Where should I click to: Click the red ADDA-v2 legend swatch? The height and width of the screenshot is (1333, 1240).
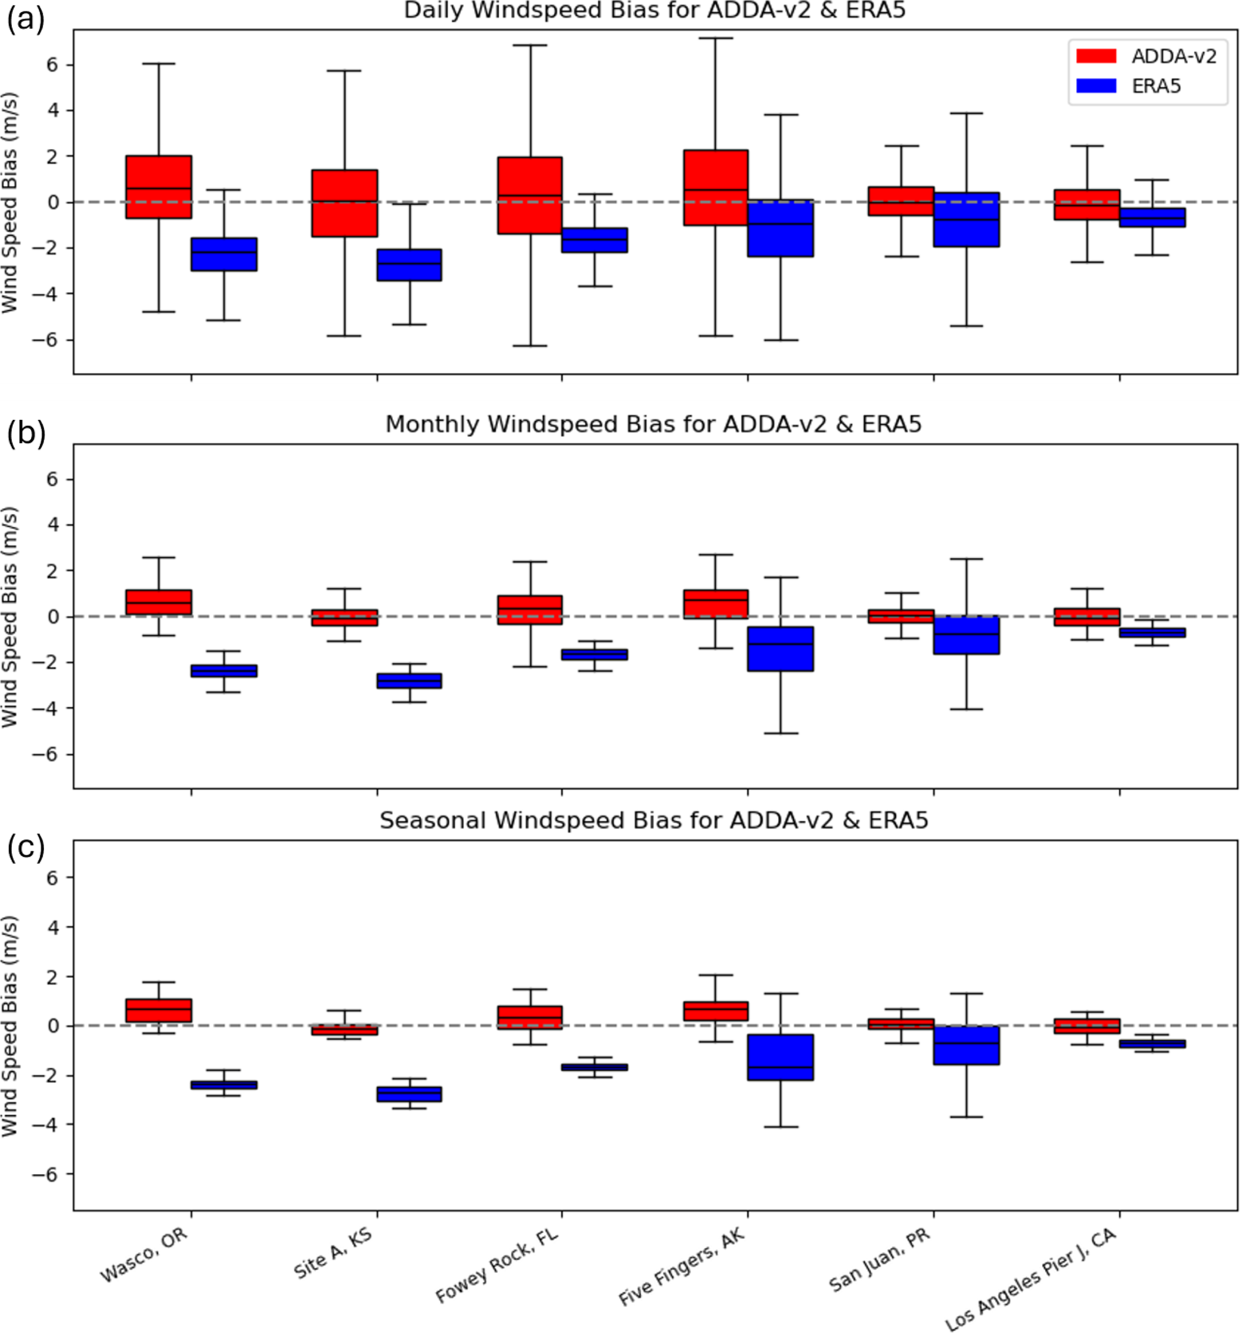click(x=1095, y=56)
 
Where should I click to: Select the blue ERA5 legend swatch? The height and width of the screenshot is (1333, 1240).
click(x=1095, y=86)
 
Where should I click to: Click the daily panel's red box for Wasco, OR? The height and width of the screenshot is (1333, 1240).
click(x=159, y=187)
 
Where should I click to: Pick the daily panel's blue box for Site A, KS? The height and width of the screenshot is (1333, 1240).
click(x=409, y=265)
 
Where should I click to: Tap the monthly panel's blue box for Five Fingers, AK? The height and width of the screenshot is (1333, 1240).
click(x=780, y=649)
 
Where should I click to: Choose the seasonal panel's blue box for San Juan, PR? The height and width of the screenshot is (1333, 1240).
click(x=966, y=1046)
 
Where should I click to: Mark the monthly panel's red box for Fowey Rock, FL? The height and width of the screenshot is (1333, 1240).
click(x=530, y=610)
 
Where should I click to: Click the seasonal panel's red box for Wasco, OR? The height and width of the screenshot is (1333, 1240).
click(x=159, y=1010)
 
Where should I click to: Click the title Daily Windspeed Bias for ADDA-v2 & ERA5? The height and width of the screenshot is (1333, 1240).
click(x=654, y=11)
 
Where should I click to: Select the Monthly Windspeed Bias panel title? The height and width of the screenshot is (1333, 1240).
click(x=653, y=425)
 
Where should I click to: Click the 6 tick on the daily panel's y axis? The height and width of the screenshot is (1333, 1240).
click(x=52, y=65)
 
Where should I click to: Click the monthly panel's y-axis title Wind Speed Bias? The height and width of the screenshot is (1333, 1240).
click(x=10, y=617)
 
